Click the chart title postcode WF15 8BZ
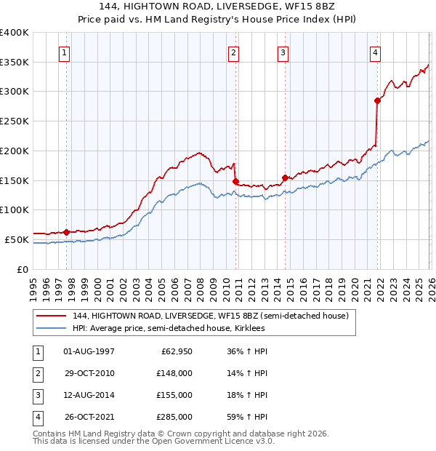[308, 6]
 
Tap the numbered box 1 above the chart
[65, 52]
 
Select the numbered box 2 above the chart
[233, 52]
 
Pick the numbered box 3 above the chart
[282, 52]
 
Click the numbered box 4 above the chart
[375, 52]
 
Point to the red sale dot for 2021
[378, 100]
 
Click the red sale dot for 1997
[66, 232]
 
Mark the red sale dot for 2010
[235, 181]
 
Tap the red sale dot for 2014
[284, 177]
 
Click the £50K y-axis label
[17, 239]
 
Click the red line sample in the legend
[52, 316]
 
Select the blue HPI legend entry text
[169, 329]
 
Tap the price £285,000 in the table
[174, 417]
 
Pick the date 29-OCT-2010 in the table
[89, 373]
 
